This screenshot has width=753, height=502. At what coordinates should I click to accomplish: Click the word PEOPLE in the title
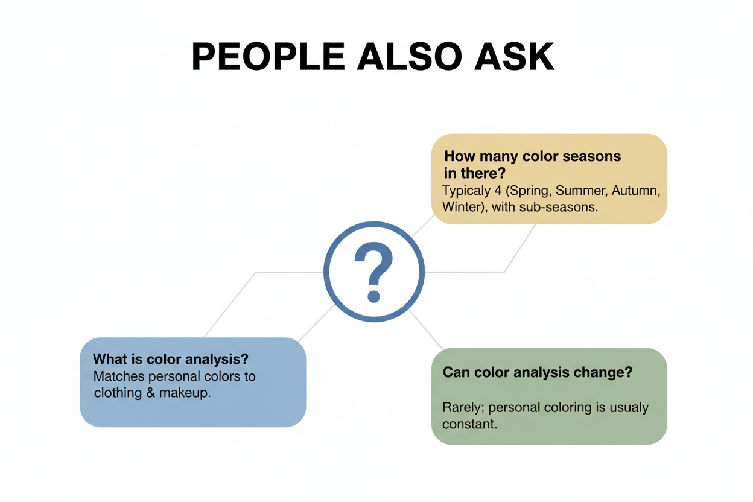tap(268, 57)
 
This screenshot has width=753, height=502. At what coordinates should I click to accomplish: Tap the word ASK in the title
tap(514, 57)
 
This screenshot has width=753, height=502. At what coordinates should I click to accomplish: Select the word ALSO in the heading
tap(410, 57)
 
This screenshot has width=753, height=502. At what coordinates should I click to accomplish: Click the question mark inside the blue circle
tap(374, 272)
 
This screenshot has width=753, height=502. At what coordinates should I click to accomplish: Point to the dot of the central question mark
tap(374, 296)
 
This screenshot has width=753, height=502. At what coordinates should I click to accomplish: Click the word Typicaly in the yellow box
tap(466, 191)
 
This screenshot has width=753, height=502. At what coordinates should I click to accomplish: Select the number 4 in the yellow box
tap(498, 191)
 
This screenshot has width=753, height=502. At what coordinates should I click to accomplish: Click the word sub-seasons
tap(558, 207)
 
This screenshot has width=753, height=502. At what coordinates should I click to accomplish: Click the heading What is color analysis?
tap(170, 359)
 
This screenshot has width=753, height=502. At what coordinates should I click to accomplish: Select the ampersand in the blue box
tap(151, 393)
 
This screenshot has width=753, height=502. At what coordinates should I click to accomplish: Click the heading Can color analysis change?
tap(538, 372)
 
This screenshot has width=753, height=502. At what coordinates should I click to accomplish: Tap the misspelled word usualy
tap(629, 408)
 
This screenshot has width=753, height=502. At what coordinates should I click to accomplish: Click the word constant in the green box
tap(469, 424)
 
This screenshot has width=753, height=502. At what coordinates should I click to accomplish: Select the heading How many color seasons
tap(533, 156)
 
